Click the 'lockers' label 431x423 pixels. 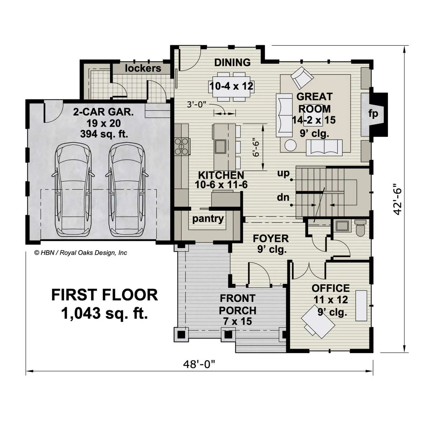coord(143,69)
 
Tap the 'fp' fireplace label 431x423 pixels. coord(373,114)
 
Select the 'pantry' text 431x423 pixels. coord(208,219)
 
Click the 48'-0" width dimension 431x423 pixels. coord(199,364)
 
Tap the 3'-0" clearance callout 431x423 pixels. coord(196,104)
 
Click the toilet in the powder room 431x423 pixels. coord(360,228)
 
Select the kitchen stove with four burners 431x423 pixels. coord(182,146)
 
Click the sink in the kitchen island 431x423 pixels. coord(221,147)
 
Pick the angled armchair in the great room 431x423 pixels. coord(302,77)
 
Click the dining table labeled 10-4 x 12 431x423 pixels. coord(231,87)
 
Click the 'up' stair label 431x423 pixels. coord(283,173)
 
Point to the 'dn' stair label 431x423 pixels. coord(283,197)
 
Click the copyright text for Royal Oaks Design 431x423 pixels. coord(80,253)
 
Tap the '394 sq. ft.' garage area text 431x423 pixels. coord(104,134)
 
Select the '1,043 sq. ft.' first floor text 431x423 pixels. coord(105,313)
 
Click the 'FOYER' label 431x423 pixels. coord(271,238)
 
